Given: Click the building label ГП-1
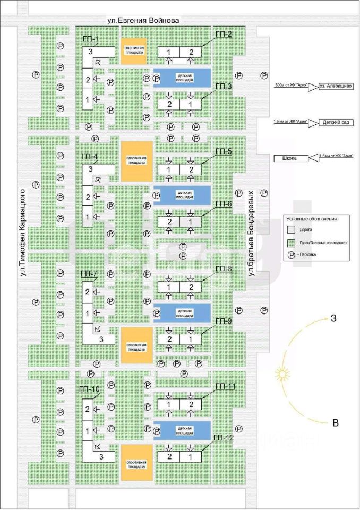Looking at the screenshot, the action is click(x=90, y=40).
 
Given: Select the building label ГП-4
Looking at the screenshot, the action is click(x=89, y=157).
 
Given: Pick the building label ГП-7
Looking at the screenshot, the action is click(x=89, y=274).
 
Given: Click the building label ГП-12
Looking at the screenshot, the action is click(x=223, y=437).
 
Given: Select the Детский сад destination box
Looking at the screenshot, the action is click(x=336, y=122).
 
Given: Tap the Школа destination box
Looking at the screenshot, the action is click(x=290, y=158).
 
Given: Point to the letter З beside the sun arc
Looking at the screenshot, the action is click(x=333, y=319).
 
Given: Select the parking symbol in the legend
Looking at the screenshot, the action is click(x=290, y=254).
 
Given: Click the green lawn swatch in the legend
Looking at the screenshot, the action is click(x=290, y=242).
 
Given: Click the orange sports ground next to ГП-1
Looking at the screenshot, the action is click(x=133, y=51).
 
